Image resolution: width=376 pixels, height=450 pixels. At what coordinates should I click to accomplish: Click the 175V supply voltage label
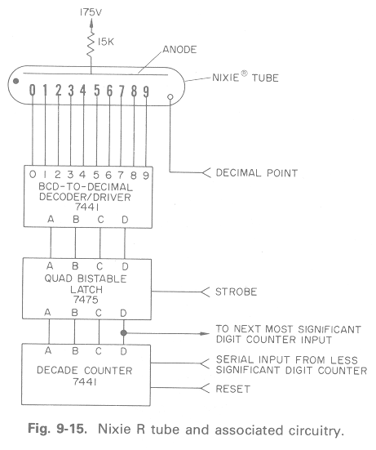click(91, 12)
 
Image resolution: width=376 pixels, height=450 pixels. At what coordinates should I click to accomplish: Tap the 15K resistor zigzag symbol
click(91, 43)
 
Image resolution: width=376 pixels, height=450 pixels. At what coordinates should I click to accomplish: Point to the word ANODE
click(179, 50)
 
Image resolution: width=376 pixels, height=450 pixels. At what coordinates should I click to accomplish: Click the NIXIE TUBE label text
click(246, 78)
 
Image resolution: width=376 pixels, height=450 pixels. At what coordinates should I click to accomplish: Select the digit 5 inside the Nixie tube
click(97, 91)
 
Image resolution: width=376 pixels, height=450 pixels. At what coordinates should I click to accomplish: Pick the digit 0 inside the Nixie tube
click(33, 90)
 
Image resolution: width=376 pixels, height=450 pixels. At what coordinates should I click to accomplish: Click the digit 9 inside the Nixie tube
click(146, 91)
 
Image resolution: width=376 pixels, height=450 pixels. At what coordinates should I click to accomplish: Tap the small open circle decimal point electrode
click(170, 97)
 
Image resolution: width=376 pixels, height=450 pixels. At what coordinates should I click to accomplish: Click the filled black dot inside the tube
click(16, 81)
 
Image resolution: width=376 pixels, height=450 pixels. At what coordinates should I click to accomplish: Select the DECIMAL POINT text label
click(257, 173)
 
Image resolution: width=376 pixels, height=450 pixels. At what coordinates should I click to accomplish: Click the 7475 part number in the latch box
click(86, 300)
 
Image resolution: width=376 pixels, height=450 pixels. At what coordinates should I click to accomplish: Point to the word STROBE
click(237, 292)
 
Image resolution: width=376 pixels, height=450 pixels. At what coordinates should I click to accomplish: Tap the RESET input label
click(233, 389)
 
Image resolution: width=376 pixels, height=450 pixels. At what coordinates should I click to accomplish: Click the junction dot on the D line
click(123, 333)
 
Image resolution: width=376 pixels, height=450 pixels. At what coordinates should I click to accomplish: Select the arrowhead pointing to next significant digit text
click(205, 333)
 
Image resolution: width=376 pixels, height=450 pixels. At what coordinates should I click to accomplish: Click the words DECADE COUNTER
click(85, 370)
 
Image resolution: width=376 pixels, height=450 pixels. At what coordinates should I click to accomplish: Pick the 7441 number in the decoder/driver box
click(86, 207)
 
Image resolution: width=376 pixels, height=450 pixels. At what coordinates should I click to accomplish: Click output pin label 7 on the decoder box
click(121, 175)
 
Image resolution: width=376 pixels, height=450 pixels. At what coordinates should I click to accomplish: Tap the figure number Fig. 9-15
click(57, 429)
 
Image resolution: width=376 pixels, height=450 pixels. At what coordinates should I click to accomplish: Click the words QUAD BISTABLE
click(86, 278)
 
